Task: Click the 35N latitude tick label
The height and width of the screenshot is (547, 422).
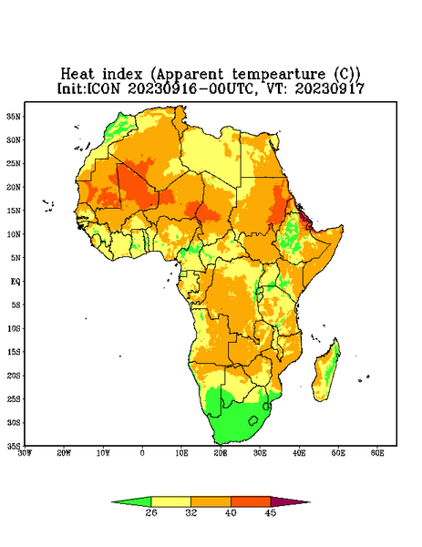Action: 14,116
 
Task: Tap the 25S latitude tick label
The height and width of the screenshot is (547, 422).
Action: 14,398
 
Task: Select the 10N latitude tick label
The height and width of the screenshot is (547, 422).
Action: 14,234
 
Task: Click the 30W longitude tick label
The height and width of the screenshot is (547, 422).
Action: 25,453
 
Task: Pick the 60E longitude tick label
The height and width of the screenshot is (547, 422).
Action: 377,453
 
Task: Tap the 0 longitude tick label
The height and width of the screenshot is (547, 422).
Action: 142,453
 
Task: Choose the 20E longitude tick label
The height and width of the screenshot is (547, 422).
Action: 221,453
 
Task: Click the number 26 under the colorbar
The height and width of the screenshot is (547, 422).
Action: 151,512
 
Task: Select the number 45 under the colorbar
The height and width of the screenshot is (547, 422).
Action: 271,512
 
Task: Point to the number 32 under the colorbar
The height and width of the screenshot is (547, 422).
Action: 191,512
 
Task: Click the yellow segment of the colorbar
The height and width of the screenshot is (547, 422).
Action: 171,501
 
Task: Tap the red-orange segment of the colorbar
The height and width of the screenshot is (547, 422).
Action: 251,501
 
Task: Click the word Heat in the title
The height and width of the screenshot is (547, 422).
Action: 77,75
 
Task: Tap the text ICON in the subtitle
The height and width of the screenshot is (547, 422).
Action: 103,88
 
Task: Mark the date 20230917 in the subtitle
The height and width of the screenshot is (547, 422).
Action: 330,88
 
